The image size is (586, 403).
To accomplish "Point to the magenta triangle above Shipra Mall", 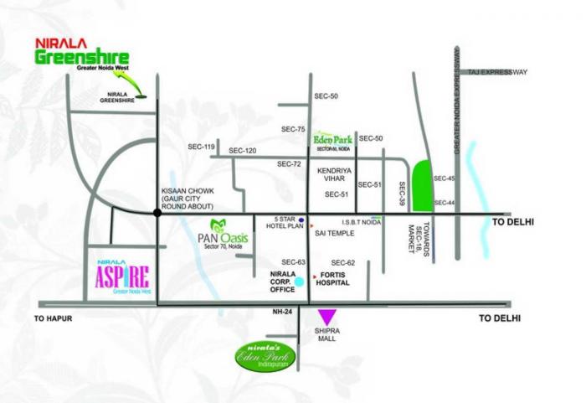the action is point(326,317).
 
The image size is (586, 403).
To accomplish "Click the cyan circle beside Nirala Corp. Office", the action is point(299,285).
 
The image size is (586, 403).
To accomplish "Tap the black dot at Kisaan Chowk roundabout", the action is point(157,214).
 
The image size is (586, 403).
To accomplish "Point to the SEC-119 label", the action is point(201,147).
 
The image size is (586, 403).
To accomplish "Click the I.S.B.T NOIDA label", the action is point(362,223).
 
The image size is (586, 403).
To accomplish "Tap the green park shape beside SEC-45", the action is point(423,184).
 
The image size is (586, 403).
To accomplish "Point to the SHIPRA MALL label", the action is point(326,335).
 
